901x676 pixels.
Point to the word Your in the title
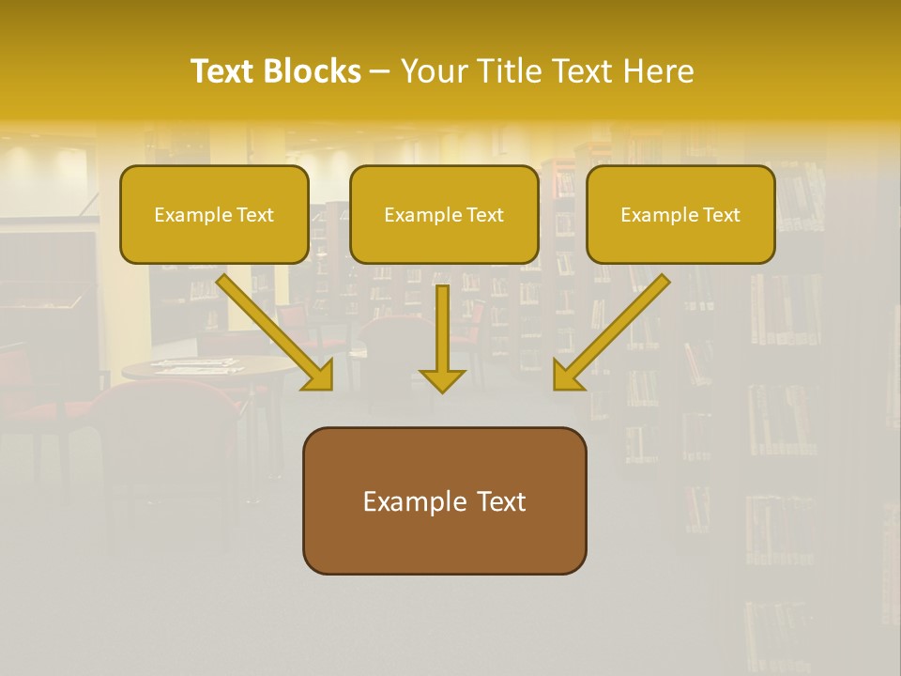point(436,71)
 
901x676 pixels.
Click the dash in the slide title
point(380,72)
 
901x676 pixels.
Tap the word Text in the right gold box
point(721,215)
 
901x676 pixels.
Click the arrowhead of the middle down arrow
point(442,379)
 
